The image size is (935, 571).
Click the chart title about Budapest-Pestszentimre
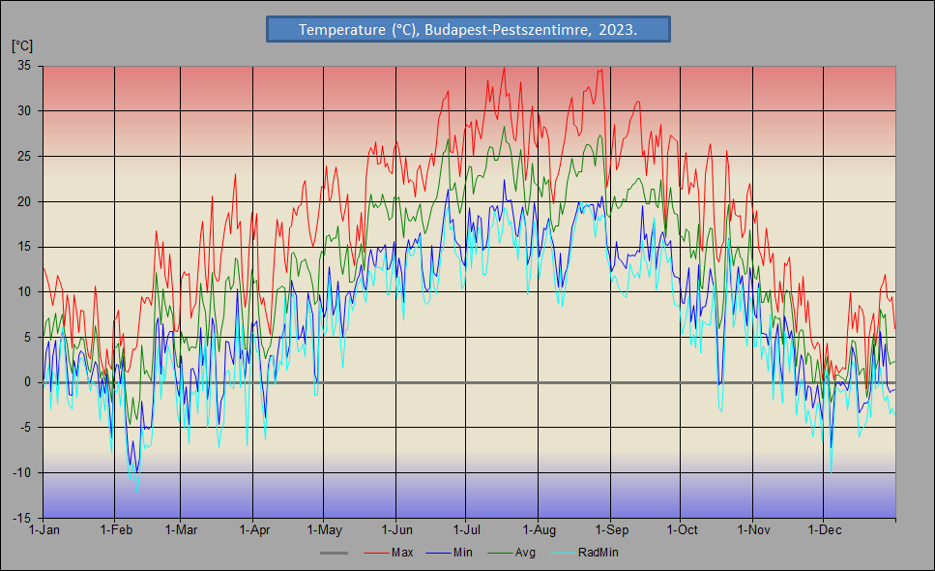pyautogui.click(x=468, y=29)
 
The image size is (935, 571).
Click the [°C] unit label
pyautogui.click(x=22, y=45)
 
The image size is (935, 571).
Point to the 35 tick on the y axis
pyautogui.click(x=24, y=66)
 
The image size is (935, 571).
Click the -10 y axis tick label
pyautogui.click(x=23, y=473)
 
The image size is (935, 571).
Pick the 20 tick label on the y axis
pyautogui.click(x=24, y=201)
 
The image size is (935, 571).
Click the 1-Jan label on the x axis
pyautogui.click(x=44, y=530)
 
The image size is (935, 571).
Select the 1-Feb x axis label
pyautogui.click(x=116, y=530)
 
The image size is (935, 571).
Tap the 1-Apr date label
pyautogui.click(x=254, y=530)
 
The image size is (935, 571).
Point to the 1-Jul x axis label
pyautogui.click(x=467, y=530)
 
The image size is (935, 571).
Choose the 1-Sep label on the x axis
pyautogui.click(x=611, y=530)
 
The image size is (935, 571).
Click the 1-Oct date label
pyautogui.click(x=682, y=530)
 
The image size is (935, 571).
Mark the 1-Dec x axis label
pyautogui.click(x=824, y=530)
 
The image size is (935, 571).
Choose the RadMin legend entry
pyautogui.click(x=598, y=553)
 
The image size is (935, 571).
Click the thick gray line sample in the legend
pyautogui.click(x=334, y=553)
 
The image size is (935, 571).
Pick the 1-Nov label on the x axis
pyautogui.click(x=753, y=530)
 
